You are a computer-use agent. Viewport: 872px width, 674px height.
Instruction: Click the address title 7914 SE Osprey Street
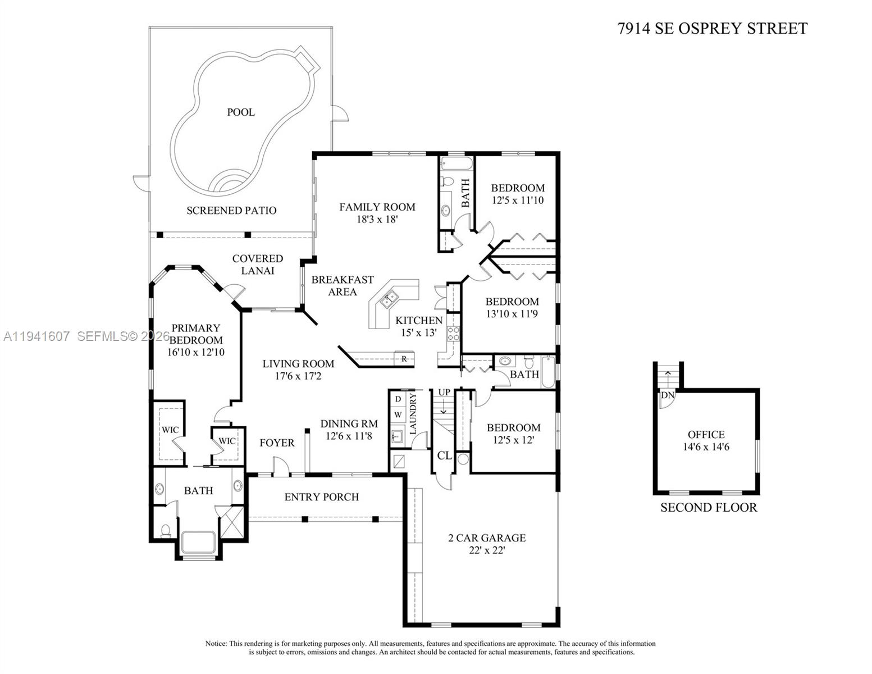pyautogui.click(x=712, y=29)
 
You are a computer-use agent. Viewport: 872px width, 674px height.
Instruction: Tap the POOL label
pyautogui.click(x=241, y=112)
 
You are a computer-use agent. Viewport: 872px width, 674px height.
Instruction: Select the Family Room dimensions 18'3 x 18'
pyautogui.click(x=377, y=220)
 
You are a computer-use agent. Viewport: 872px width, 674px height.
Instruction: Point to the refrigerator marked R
pyautogui.click(x=404, y=359)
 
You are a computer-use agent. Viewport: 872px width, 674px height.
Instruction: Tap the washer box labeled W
pyautogui.click(x=398, y=415)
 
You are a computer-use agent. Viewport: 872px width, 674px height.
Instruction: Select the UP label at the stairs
pyautogui.click(x=444, y=392)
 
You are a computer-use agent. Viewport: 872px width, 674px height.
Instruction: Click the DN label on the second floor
pyautogui.click(x=667, y=395)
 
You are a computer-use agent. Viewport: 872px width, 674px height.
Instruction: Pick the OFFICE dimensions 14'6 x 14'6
pyautogui.click(x=706, y=447)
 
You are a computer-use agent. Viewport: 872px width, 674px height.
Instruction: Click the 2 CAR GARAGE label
pyautogui.click(x=487, y=538)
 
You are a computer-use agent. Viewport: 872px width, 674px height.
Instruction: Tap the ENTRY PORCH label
pyautogui.click(x=321, y=497)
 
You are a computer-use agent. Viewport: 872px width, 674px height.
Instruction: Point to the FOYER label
pyautogui.click(x=277, y=443)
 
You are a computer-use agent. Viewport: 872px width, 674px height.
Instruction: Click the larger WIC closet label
pyautogui.click(x=170, y=430)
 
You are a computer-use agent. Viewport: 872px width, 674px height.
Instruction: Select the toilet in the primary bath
pyautogui.click(x=165, y=530)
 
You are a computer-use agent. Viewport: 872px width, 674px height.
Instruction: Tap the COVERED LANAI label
pyautogui.click(x=258, y=265)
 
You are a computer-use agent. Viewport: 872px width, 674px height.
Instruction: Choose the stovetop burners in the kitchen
pyautogui.click(x=453, y=334)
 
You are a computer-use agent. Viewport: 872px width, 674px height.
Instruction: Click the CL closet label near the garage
pyautogui.click(x=444, y=456)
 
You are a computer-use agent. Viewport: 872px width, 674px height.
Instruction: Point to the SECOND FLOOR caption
pyautogui.click(x=708, y=508)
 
